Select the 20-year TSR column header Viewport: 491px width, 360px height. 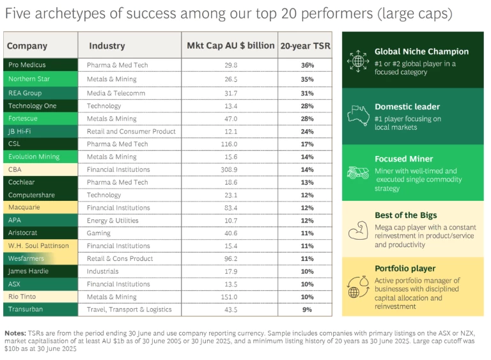pyautogui.click(x=306, y=46)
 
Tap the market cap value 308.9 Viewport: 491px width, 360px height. pyautogui.click(x=230, y=169)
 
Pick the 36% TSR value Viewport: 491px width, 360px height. pyautogui.click(x=308, y=65)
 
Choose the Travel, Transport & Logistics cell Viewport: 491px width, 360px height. pyautogui.click(x=129, y=309)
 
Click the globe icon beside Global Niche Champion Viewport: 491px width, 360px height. pyautogui.click(x=355, y=61)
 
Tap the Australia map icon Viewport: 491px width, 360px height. pyautogui.click(x=355, y=115)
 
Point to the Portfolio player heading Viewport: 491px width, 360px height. pyautogui.click(x=405, y=269)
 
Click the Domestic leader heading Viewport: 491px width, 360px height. pyautogui.click(x=407, y=107)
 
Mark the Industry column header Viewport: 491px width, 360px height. pyautogui.click(x=107, y=46)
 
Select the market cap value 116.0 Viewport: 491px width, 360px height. pyautogui.click(x=230, y=144)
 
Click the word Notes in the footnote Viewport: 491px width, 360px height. pyautogui.click(x=15, y=333)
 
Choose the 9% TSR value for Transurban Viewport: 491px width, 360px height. pyautogui.click(x=308, y=309)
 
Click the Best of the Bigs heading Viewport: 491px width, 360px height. pyautogui.click(x=406, y=215)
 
